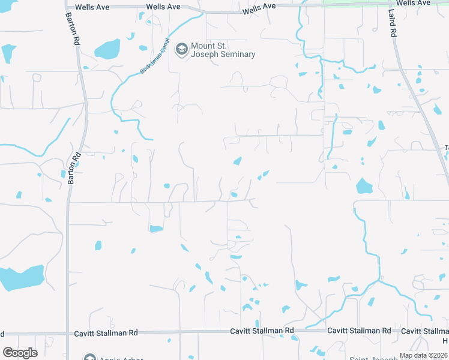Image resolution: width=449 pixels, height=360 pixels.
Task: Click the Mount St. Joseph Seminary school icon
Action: click(181, 49)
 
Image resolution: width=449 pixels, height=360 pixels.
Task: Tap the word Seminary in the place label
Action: click(237, 55)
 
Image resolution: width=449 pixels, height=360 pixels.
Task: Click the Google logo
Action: click(20, 353)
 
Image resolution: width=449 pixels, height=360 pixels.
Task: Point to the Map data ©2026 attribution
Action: click(423, 355)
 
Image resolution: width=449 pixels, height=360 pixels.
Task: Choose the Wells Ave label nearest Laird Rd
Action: click(414, 3)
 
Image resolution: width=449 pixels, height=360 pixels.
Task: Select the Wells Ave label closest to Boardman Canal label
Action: click(164, 6)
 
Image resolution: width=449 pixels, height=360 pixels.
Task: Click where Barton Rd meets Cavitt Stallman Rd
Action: click(67, 333)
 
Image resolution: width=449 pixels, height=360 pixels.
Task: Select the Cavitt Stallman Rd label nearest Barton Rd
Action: click(106, 333)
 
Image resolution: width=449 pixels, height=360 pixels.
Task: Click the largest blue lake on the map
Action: click(22, 277)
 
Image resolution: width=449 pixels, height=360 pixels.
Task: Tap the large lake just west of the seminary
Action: click(107, 49)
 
